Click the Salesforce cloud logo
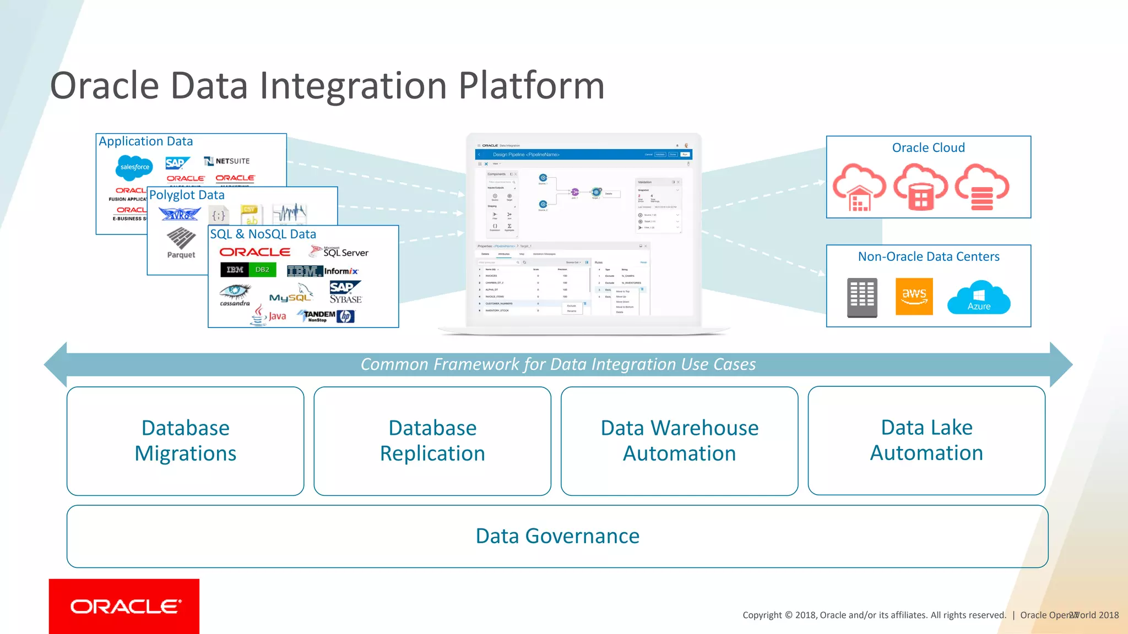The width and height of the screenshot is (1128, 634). [134, 167]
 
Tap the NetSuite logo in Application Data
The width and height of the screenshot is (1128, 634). [227, 161]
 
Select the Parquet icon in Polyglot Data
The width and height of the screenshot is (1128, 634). [181, 243]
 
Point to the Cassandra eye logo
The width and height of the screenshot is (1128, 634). [235, 294]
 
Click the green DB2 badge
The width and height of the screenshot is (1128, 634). [262, 270]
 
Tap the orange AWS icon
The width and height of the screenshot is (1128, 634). [914, 296]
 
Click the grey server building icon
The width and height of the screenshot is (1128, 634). [862, 297]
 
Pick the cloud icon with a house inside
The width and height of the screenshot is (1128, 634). [859, 187]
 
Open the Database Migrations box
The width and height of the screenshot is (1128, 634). [185, 441]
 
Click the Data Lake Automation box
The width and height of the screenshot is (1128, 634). [926, 440]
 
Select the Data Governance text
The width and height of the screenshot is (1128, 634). [557, 536]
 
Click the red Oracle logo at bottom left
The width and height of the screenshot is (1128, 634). [124, 606]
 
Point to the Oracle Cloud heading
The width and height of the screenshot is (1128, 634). [928, 147]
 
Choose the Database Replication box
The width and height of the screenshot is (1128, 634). [432, 441]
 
